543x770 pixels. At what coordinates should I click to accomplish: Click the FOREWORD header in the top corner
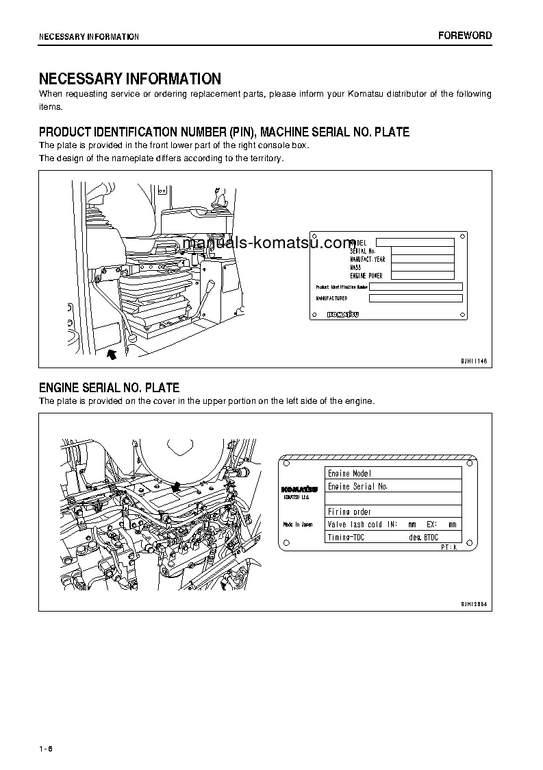click(464, 36)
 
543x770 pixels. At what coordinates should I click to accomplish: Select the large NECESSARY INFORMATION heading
click(130, 79)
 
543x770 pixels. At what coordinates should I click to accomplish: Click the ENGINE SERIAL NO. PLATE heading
click(109, 388)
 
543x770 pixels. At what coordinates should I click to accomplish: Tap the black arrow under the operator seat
click(112, 354)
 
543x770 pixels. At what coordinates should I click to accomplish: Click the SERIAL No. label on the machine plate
click(363, 251)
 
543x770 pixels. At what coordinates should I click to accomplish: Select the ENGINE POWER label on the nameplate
click(366, 276)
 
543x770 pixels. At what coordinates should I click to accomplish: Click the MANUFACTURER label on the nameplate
click(331, 298)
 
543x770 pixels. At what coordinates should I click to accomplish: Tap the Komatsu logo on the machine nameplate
click(344, 315)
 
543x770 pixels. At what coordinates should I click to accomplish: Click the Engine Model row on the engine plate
click(349, 473)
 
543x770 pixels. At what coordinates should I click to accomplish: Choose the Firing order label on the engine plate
click(349, 512)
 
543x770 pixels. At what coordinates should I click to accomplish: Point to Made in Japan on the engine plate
click(298, 525)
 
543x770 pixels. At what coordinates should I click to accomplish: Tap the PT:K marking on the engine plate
click(449, 548)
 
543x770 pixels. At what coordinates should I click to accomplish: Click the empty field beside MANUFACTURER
click(416, 298)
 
